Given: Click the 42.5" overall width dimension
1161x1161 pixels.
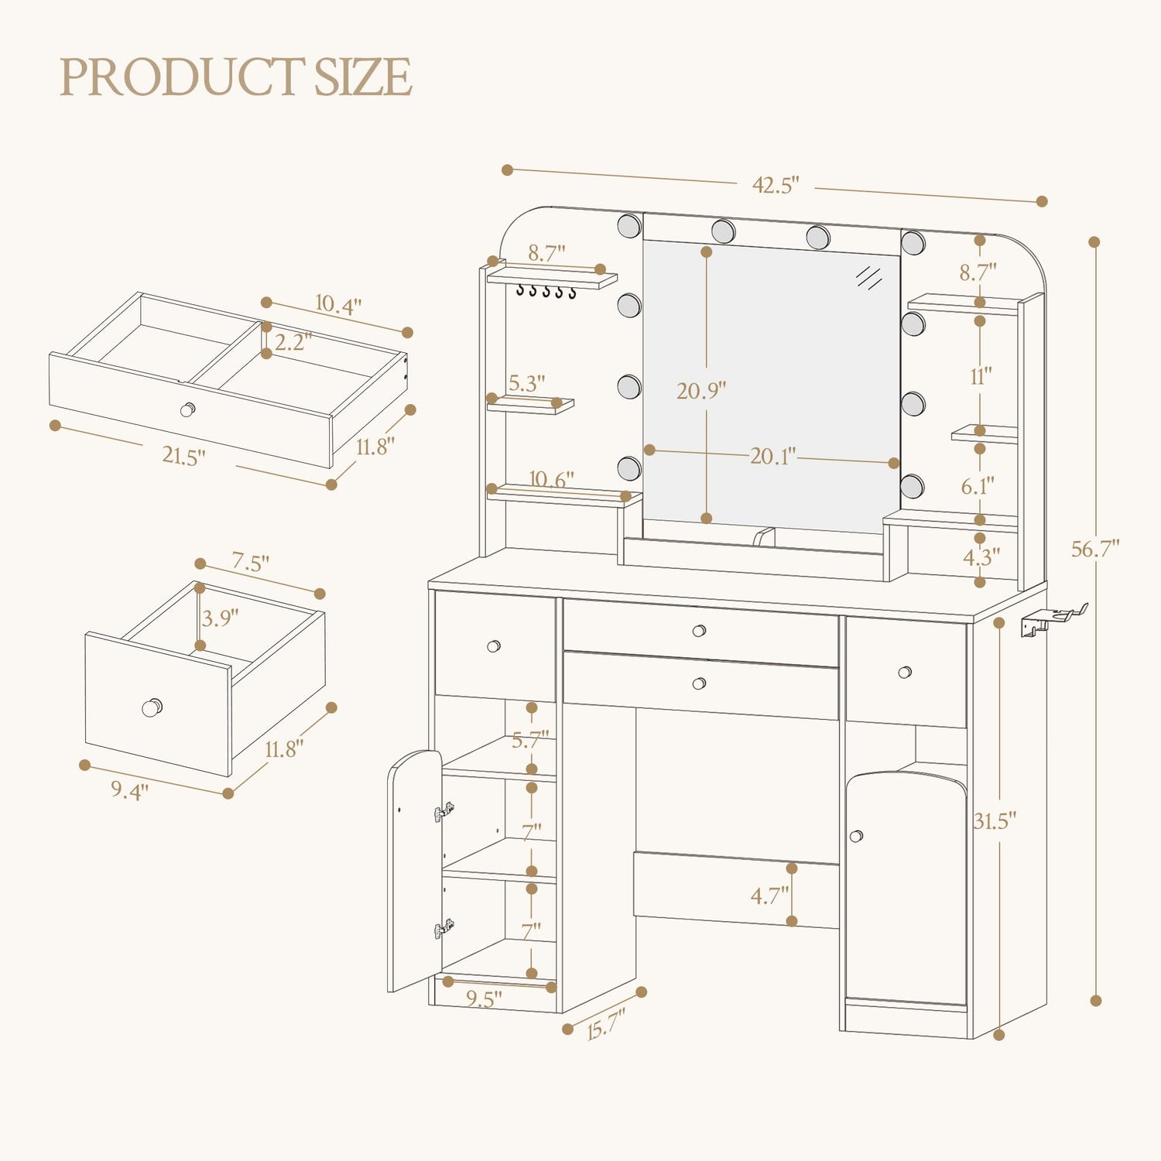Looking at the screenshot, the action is [776, 185].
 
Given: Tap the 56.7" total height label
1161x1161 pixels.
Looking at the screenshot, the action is [1095, 549].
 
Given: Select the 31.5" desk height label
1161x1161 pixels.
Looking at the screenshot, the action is [995, 820].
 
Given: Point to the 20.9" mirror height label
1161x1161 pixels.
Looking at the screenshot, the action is [701, 390].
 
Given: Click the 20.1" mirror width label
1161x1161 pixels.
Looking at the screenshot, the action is [772, 456].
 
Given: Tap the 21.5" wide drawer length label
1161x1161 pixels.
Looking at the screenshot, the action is [184, 455].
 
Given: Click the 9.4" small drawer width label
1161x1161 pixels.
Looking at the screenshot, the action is [129, 789].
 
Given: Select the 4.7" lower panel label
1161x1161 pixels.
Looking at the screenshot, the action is [770, 896].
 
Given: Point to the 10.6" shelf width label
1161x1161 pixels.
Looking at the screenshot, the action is [551, 480].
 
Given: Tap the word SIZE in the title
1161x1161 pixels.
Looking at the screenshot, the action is [362, 77].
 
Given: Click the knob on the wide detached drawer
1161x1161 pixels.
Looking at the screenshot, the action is [188, 409].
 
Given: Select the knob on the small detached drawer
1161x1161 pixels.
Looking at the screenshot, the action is [152, 707].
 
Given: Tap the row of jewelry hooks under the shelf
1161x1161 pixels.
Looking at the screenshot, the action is [546, 292].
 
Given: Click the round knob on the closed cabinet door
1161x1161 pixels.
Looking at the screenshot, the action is [856, 836].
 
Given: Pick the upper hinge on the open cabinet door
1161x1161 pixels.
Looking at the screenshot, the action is [444, 812].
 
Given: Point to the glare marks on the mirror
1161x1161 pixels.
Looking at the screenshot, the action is [869, 276].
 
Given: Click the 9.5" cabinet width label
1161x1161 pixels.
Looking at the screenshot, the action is [483, 998].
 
